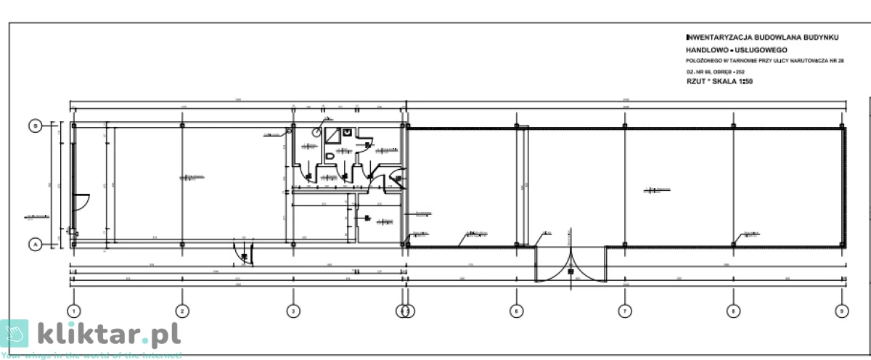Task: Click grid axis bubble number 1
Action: click(73, 311)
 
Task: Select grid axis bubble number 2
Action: click(182, 311)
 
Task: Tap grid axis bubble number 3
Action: click(293, 311)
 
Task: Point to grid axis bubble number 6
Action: click(516, 311)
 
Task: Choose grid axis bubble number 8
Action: click(732, 311)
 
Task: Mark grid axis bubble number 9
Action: click(841, 311)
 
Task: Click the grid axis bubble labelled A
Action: click(34, 245)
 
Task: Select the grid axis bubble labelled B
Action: click(34, 126)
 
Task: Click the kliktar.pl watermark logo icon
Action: click(15, 334)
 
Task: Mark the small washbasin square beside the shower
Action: click(348, 132)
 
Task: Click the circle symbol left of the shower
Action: click(317, 133)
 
